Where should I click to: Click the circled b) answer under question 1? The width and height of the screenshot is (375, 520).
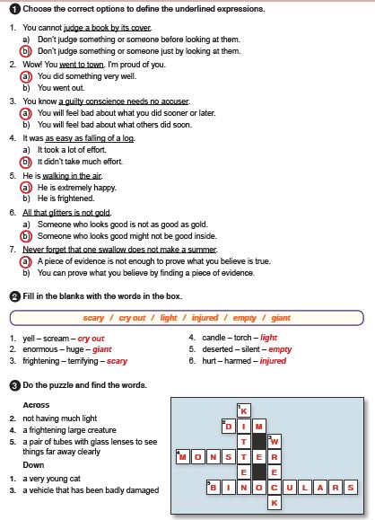26,51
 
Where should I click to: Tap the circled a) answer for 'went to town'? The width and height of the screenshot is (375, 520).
26,76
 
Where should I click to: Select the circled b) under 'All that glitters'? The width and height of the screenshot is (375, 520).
26,236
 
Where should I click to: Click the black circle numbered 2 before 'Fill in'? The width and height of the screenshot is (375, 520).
15,296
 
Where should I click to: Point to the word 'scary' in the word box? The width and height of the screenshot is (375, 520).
93,318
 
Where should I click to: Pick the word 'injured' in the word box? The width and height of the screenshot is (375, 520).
205,318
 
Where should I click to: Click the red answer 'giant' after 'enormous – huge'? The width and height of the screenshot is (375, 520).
102,349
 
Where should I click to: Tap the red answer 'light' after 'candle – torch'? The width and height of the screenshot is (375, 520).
268,338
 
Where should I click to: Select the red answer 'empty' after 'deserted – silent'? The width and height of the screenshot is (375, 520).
280,349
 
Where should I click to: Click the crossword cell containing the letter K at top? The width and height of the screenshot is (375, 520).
244,411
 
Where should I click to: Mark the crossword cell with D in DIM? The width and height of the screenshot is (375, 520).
229,427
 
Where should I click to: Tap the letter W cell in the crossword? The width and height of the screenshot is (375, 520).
275,442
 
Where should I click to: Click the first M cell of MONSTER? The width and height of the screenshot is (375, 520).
183,457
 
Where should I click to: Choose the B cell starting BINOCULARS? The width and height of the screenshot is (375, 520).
214,488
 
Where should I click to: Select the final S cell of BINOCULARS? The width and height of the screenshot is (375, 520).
351,488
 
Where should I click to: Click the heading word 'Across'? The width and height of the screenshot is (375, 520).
36,405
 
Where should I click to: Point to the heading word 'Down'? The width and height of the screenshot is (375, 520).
33,465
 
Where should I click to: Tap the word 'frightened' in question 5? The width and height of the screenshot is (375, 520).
76,198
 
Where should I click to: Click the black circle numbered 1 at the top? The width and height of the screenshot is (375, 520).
15,9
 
